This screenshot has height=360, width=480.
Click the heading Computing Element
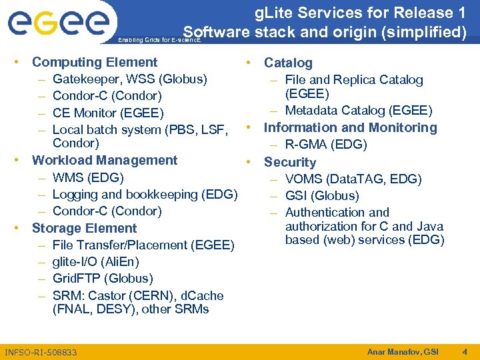tap(95, 62)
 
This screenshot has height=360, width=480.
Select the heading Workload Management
tap(105, 160)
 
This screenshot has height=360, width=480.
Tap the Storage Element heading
tap(84, 228)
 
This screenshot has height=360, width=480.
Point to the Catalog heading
tap(288, 63)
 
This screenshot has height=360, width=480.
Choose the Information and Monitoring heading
tap(350, 127)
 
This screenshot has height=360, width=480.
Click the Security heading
tap(290, 162)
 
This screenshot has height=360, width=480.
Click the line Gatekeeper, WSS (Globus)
tap(129, 79)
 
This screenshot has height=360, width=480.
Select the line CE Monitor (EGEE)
tap(107, 113)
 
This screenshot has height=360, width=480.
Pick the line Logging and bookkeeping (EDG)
tap(145, 195)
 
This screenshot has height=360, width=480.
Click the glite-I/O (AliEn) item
tap(95, 262)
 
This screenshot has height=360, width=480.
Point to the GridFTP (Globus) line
tap(103, 279)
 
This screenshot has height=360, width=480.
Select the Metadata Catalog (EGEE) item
tap(359, 110)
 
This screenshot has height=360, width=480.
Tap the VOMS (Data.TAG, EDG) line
tap(353, 179)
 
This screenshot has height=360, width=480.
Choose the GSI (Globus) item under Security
tap(322, 195)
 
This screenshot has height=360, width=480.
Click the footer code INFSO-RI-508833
tap(41, 352)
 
